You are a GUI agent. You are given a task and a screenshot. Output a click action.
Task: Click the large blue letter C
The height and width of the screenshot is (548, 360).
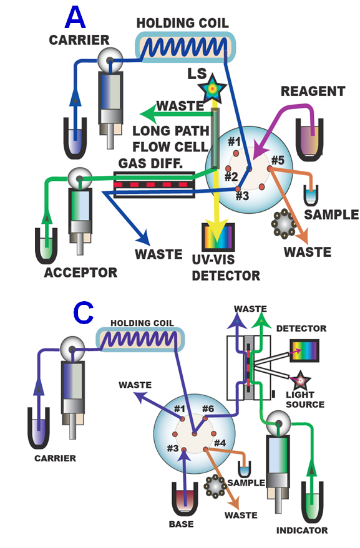[83, 314]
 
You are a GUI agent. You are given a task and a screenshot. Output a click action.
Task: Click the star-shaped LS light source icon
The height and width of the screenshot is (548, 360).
[214, 90]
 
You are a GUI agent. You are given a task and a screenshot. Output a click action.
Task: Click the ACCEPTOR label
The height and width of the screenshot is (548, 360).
[80, 272]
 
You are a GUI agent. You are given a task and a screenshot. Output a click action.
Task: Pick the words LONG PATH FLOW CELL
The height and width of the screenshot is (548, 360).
[168, 138]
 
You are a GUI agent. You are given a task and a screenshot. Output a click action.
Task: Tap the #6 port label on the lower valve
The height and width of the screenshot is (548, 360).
[208, 409]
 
